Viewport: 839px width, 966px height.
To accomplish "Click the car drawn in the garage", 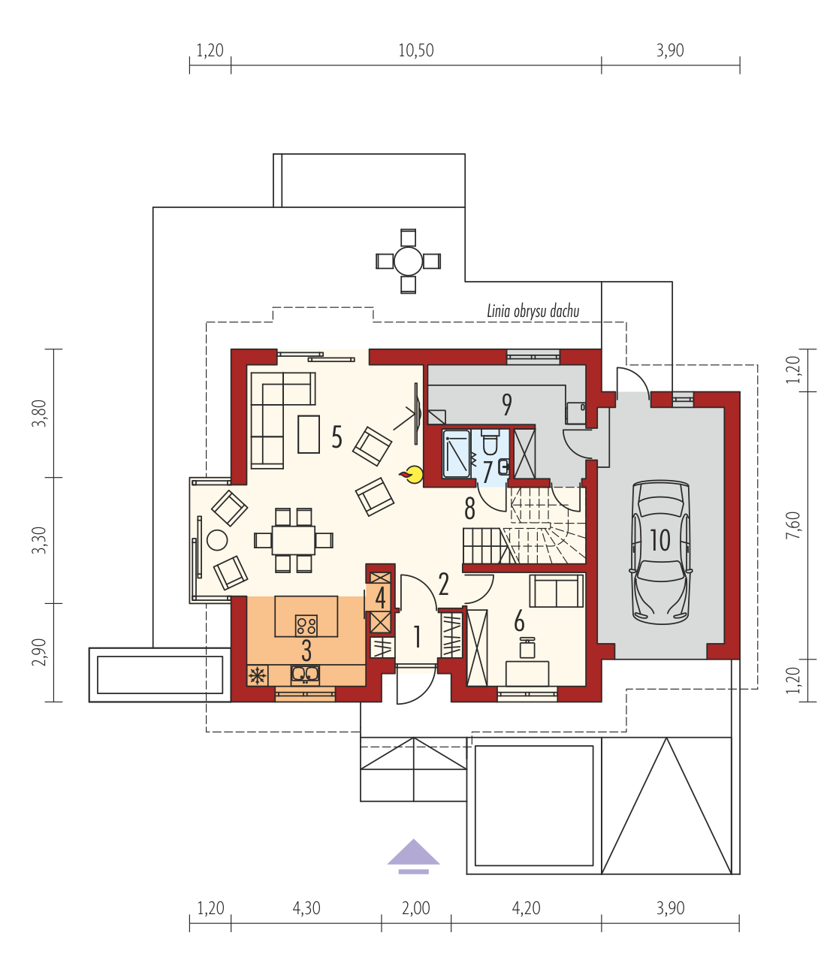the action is (x=660, y=552).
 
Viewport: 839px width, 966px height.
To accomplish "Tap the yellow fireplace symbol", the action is (x=415, y=475).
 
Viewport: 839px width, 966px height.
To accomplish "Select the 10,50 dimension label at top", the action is (x=415, y=50).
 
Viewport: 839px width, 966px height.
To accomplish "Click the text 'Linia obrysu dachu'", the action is (x=533, y=311).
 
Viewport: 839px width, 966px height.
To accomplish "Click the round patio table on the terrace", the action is (x=408, y=261).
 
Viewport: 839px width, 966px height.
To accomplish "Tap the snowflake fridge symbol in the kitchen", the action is (x=257, y=675).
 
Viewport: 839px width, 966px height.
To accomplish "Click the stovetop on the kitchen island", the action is (x=306, y=626).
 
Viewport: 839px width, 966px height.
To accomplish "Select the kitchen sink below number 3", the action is (x=305, y=675).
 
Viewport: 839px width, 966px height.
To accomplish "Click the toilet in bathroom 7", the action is (x=490, y=442).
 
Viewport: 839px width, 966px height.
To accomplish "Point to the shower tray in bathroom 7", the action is (x=456, y=453).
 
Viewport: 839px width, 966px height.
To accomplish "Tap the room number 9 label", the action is (x=506, y=404).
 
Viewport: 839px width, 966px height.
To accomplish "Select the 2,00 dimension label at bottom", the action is (x=415, y=908).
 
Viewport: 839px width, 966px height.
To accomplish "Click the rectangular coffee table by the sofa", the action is (x=309, y=434).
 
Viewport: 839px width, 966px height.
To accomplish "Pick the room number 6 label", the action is (x=519, y=621).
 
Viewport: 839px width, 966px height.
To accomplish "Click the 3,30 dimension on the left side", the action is (x=39, y=540).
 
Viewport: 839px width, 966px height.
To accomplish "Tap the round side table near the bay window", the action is (x=217, y=540).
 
